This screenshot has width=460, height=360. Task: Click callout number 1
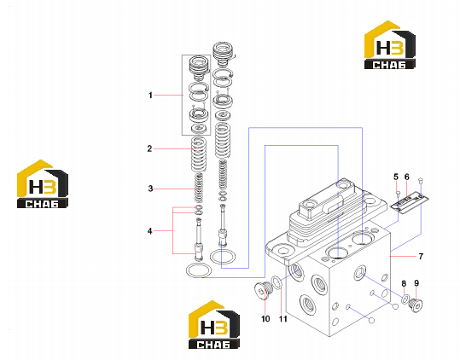[x=150, y=96]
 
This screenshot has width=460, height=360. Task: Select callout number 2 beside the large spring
[x=149, y=149]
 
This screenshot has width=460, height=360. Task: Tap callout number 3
[x=150, y=189]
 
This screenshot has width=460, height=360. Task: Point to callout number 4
[x=150, y=231]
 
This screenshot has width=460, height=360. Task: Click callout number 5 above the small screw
[x=396, y=177]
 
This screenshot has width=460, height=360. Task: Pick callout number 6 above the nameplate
[x=406, y=177]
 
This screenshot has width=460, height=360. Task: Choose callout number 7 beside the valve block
[x=421, y=257]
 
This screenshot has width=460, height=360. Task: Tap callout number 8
[x=404, y=284]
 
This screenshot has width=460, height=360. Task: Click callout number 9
[x=416, y=283]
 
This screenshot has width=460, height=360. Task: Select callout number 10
[x=265, y=319]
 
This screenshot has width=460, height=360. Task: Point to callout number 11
[x=282, y=319]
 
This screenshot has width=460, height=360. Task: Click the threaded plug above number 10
[x=264, y=290]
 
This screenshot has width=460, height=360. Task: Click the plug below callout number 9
[x=416, y=305]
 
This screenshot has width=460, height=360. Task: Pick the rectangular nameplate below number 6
[x=410, y=200]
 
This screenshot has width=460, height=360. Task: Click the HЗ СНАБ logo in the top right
[x=390, y=45]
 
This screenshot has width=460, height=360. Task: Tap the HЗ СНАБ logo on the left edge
[x=43, y=184]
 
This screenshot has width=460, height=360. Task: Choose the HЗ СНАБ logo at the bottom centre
[x=214, y=325]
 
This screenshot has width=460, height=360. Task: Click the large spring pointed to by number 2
[x=199, y=154]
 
